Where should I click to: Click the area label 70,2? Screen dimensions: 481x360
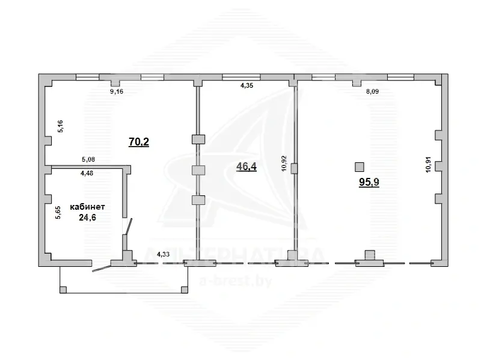(x=139, y=142)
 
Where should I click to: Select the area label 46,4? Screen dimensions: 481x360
(x=247, y=166)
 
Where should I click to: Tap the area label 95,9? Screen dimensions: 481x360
(x=369, y=182)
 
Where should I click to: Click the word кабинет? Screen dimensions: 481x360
(x=87, y=207)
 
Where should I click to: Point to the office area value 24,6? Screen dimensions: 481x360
(x=87, y=218)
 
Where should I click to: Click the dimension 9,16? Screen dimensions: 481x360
(x=117, y=91)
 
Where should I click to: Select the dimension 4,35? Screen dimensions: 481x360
(x=247, y=85)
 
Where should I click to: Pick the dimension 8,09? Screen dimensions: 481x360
(x=372, y=91)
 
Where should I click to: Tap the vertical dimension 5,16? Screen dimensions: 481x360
(x=60, y=126)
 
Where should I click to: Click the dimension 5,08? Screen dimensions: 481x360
(x=88, y=159)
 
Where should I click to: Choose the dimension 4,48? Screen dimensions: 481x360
(x=87, y=173)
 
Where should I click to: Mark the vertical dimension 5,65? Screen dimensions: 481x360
(x=58, y=212)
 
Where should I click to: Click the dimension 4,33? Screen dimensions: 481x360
(x=163, y=254)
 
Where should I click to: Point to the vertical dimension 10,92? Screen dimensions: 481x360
(x=283, y=163)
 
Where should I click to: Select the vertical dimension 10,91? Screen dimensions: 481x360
(x=428, y=164)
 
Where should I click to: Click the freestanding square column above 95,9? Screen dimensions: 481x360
(x=360, y=167)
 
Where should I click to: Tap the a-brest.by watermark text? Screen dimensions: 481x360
(x=236, y=281)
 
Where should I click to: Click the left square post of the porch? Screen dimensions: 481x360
(x=63, y=290)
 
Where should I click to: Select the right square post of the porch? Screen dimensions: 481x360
(x=185, y=290)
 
